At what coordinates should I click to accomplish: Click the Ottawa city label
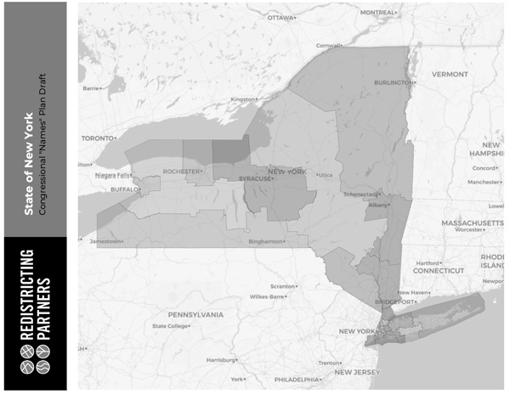[280, 17]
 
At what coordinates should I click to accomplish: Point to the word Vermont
[450, 74]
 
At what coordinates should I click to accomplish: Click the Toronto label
[97, 138]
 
